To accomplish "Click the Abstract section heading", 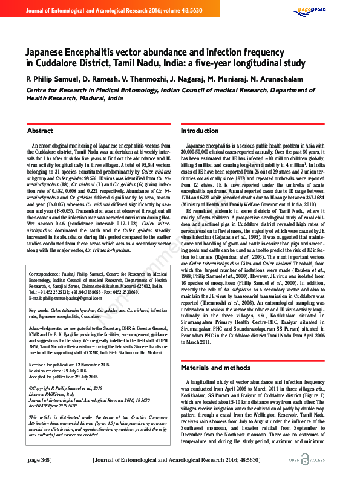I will click(x=41, y=131).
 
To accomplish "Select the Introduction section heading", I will click(x=200, y=131).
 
